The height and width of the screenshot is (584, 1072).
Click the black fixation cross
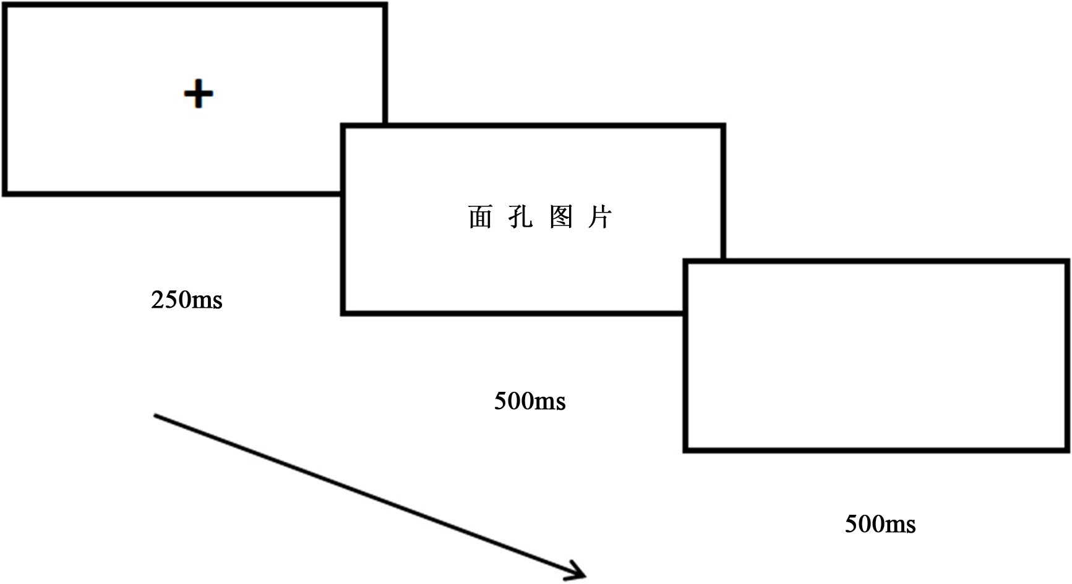point(199,95)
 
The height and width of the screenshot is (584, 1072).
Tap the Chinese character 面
point(480,217)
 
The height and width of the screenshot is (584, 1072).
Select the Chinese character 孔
point(520,217)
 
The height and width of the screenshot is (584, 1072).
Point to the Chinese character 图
point(561,217)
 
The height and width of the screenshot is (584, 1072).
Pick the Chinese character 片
point(600,217)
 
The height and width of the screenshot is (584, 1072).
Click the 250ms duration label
point(186,300)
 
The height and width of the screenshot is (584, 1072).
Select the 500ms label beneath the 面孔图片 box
point(530,402)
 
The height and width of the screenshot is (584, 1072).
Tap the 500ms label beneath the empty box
point(880,525)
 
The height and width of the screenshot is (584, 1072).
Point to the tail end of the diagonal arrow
point(155,416)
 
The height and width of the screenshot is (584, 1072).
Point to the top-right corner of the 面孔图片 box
point(723,127)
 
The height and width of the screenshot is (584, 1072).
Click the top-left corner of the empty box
point(686,262)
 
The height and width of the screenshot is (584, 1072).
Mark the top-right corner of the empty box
point(1068,262)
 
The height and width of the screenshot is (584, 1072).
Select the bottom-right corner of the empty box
point(1068,450)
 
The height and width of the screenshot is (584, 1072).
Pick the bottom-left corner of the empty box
point(686,450)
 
